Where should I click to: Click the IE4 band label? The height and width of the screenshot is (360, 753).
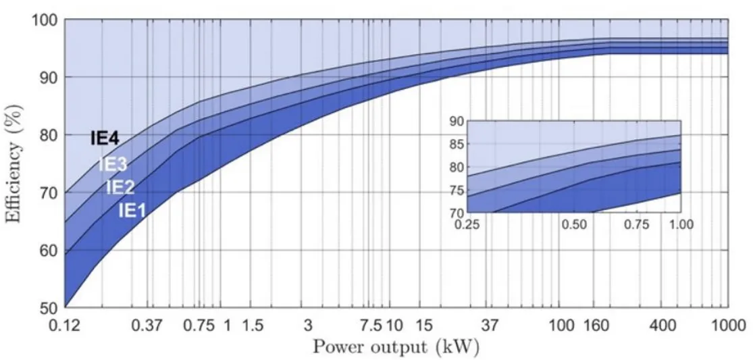(105, 139)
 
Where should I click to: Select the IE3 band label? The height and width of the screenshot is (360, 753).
(113, 164)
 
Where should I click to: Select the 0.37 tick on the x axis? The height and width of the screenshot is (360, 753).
(147, 326)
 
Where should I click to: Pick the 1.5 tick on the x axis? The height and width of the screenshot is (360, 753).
(253, 326)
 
